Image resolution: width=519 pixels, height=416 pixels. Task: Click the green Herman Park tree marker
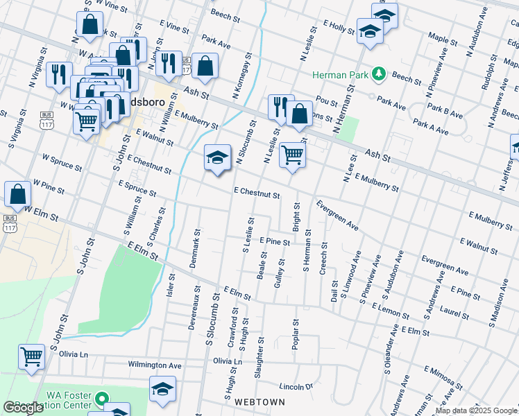pos(379,73)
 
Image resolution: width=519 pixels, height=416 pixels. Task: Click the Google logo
pos(23,408)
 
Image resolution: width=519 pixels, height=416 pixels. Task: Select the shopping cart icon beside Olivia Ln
pos(32,357)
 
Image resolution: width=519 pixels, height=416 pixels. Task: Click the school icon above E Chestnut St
pos(217,157)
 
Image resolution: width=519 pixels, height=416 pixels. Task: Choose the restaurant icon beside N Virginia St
pos(59,73)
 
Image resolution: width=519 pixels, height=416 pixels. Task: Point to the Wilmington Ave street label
pos(154,365)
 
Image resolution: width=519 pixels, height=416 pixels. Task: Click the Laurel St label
pos(457,313)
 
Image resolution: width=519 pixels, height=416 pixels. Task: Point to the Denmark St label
pos(195,249)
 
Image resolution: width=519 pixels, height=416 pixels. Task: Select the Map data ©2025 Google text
pos(476,410)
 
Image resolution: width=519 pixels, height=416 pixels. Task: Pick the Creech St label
pos(323,259)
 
